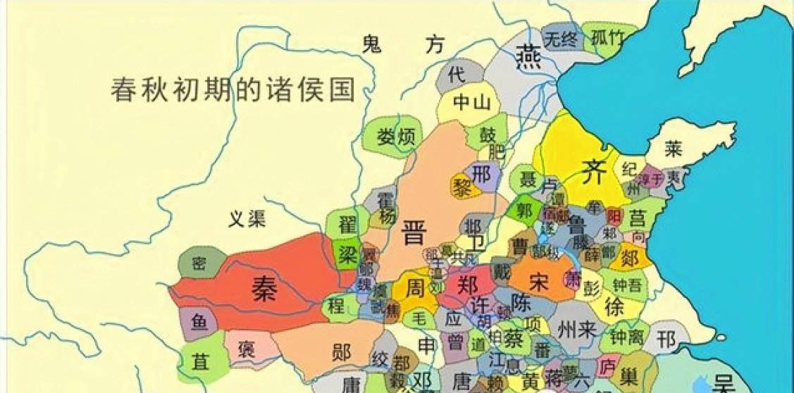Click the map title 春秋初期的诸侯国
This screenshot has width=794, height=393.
pyautogui.click(x=232, y=89)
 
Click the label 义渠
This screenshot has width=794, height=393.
pyautogui.click(x=247, y=219)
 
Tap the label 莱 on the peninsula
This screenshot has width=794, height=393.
pyautogui.click(x=675, y=149)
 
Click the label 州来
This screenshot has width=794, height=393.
pyautogui.click(x=576, y=328)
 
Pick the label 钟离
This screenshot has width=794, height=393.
pyautogui.click(x=626, y=337)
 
